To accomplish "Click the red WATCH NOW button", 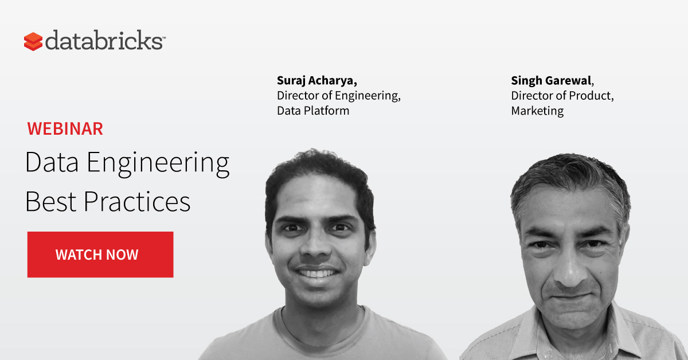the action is click(x=100, y=255).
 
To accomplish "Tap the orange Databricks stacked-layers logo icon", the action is click(x=33, y=41).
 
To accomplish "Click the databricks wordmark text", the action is click(x=105, y=40).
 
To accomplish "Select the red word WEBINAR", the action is click(x=65, y=128).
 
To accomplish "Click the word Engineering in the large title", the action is click(x=158, y=163).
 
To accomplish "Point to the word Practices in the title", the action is click(x=137, y=202).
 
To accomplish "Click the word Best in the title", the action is click(x=50, y=202).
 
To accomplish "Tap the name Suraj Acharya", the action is click(x=316, y=80).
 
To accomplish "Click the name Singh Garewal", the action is click(x=552, y=80).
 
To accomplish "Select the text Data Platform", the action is click(x=313, y=111).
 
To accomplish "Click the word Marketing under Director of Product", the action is click(x=537, y=111).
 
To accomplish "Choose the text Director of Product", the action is click(x=561, y=96).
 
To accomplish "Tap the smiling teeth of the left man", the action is click(x=316, y=273).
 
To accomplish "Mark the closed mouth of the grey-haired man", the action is click(x=572, y=296).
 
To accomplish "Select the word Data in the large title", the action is click(x=52, y=162).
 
